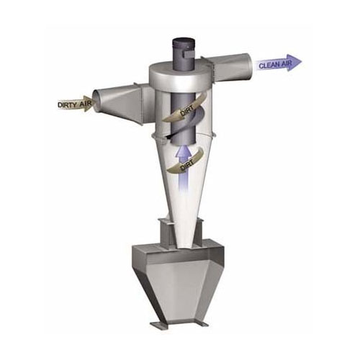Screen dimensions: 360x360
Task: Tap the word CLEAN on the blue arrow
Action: (x=268, y=66)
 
